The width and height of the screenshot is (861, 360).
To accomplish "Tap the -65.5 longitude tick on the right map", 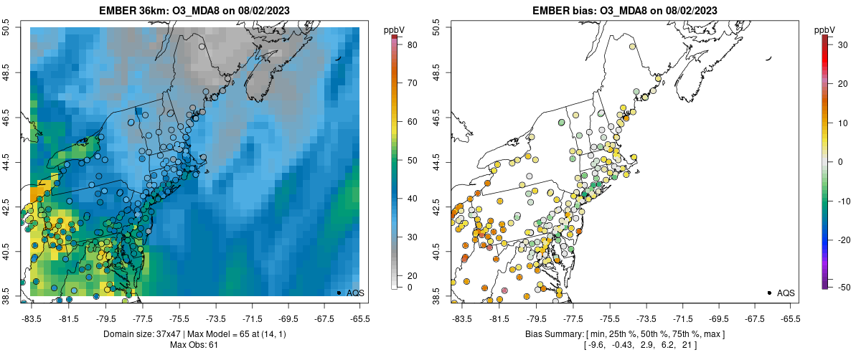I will pyautogui.click(x=790, y=318).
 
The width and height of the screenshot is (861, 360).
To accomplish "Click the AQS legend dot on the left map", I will pyautogui.click(x=339, y=293).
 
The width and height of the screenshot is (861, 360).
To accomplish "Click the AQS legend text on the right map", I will pyautogui.click(x=786, y=293).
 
